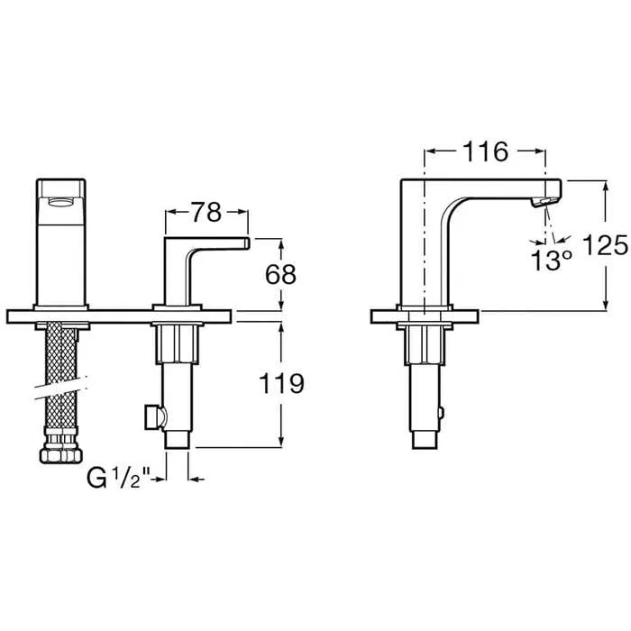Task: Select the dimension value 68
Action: (280, 274)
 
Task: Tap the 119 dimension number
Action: (281, 383)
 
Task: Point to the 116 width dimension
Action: (485, 151)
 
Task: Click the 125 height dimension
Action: (605, 244)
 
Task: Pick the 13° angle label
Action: (551, 260)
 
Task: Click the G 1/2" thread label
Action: (118, 479)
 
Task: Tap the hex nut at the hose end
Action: (61, 455)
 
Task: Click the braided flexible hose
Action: (60, 378)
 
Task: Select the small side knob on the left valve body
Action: (153, 416)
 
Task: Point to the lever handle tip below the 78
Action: (246, 243)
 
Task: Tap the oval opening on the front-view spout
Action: (61, 201)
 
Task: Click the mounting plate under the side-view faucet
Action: (425, 316)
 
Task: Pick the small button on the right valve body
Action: (441, 413)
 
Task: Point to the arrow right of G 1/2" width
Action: (197, 479)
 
